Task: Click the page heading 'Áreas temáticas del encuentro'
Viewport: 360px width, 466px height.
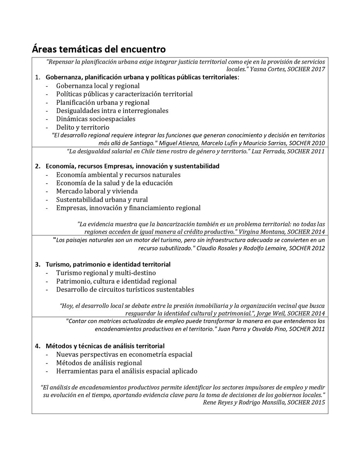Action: click(x=99, y=49)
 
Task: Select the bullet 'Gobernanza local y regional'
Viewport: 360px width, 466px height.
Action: click(x=98, y=86)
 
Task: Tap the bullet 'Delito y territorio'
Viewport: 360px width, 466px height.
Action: click(x=83, y=127)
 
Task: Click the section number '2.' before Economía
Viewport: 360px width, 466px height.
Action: click(x=38, y=166)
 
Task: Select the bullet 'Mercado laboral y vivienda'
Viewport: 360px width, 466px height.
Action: click(x=97, y=191)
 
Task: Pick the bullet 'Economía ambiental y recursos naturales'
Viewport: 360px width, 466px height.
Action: click(x=118, y=175)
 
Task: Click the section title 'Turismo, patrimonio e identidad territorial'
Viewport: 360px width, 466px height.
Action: click(x=108, y=264)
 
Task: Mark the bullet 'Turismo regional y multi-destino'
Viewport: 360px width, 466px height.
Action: click(x=106, y=273)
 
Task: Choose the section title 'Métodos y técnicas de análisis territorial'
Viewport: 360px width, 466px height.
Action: click(x=105, y=346)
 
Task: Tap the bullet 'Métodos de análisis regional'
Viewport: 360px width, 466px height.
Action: click(x=99, y=363)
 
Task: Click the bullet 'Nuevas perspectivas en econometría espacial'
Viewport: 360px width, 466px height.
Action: click(x=124, y=355)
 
